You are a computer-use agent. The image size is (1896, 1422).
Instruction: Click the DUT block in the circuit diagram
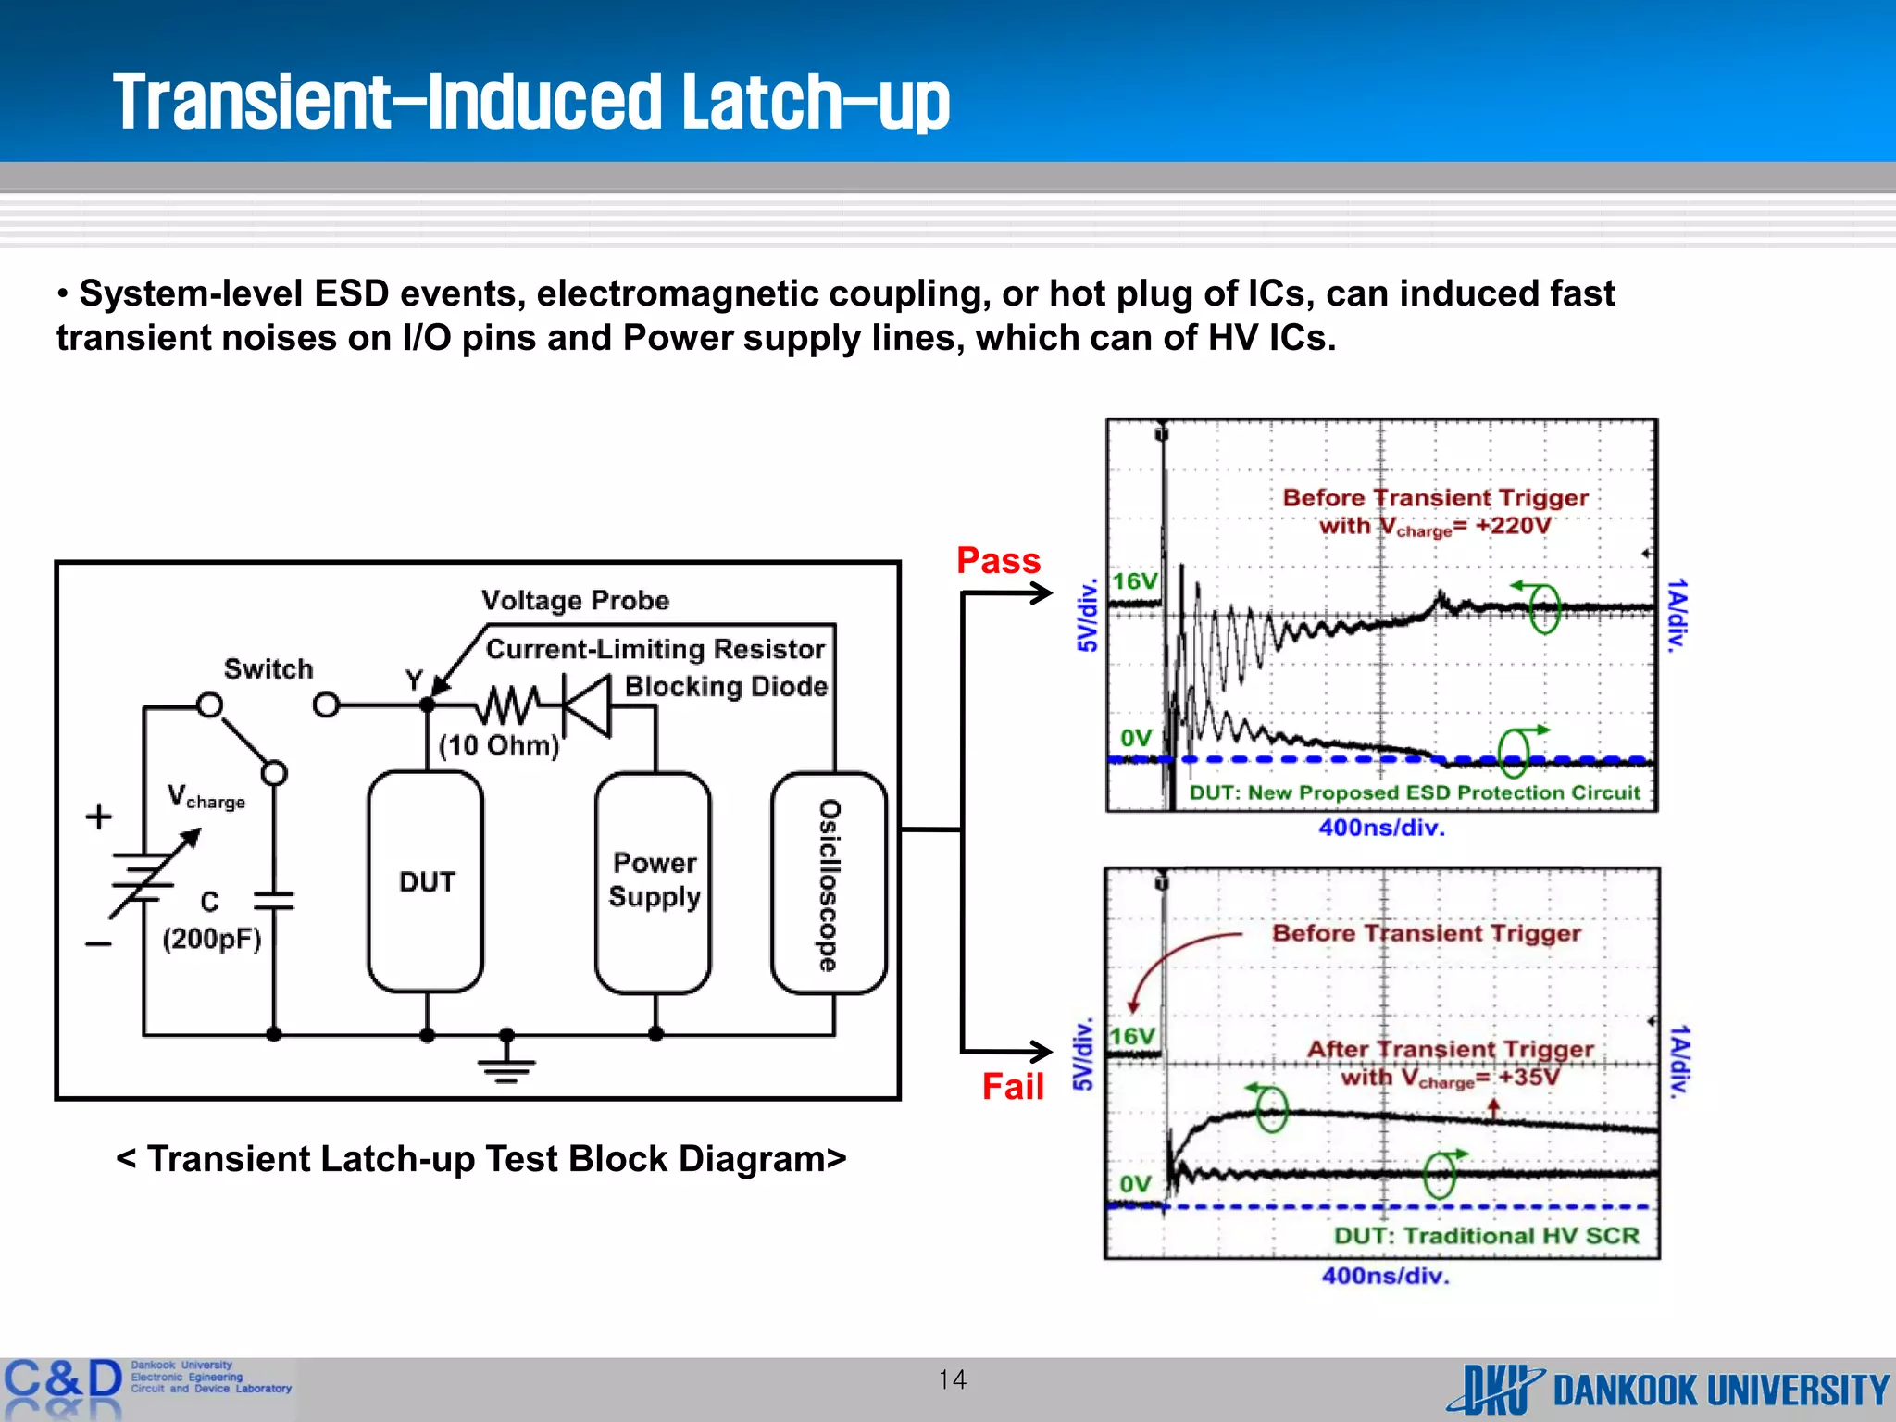click(426, 881)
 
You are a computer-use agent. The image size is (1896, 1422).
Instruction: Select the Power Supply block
click(654, 881)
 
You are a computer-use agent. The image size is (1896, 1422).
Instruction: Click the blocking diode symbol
click(587, 705)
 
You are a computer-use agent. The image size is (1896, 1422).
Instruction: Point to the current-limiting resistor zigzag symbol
click(507, 705)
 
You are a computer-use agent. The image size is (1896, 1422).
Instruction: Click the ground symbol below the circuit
click(506, 1064)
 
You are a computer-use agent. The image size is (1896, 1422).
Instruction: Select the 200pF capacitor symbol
click(273, 901)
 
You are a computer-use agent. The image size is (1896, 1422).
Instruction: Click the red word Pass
click(998, 561)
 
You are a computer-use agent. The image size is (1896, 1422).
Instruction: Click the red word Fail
click(1013, 1086)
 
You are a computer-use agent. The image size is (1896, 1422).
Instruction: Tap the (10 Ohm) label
click(499, 745)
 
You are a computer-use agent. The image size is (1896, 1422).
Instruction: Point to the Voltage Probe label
click(575, 601)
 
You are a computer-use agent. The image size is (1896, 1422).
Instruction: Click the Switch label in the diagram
click(268, 668)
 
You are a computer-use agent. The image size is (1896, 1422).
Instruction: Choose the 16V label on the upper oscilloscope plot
click(1135, 581)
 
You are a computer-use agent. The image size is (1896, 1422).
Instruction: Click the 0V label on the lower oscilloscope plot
click(1135, 1184)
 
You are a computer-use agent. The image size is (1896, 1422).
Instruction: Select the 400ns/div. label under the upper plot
click(1381, 828)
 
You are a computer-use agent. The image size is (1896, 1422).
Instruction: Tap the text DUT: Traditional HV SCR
click(1486, 1236)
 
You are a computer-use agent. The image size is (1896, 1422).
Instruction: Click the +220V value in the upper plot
click(1513, 526)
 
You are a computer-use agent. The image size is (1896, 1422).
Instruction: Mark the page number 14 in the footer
click(952, 1380)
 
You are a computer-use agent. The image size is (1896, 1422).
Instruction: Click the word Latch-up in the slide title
click(816, 102)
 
